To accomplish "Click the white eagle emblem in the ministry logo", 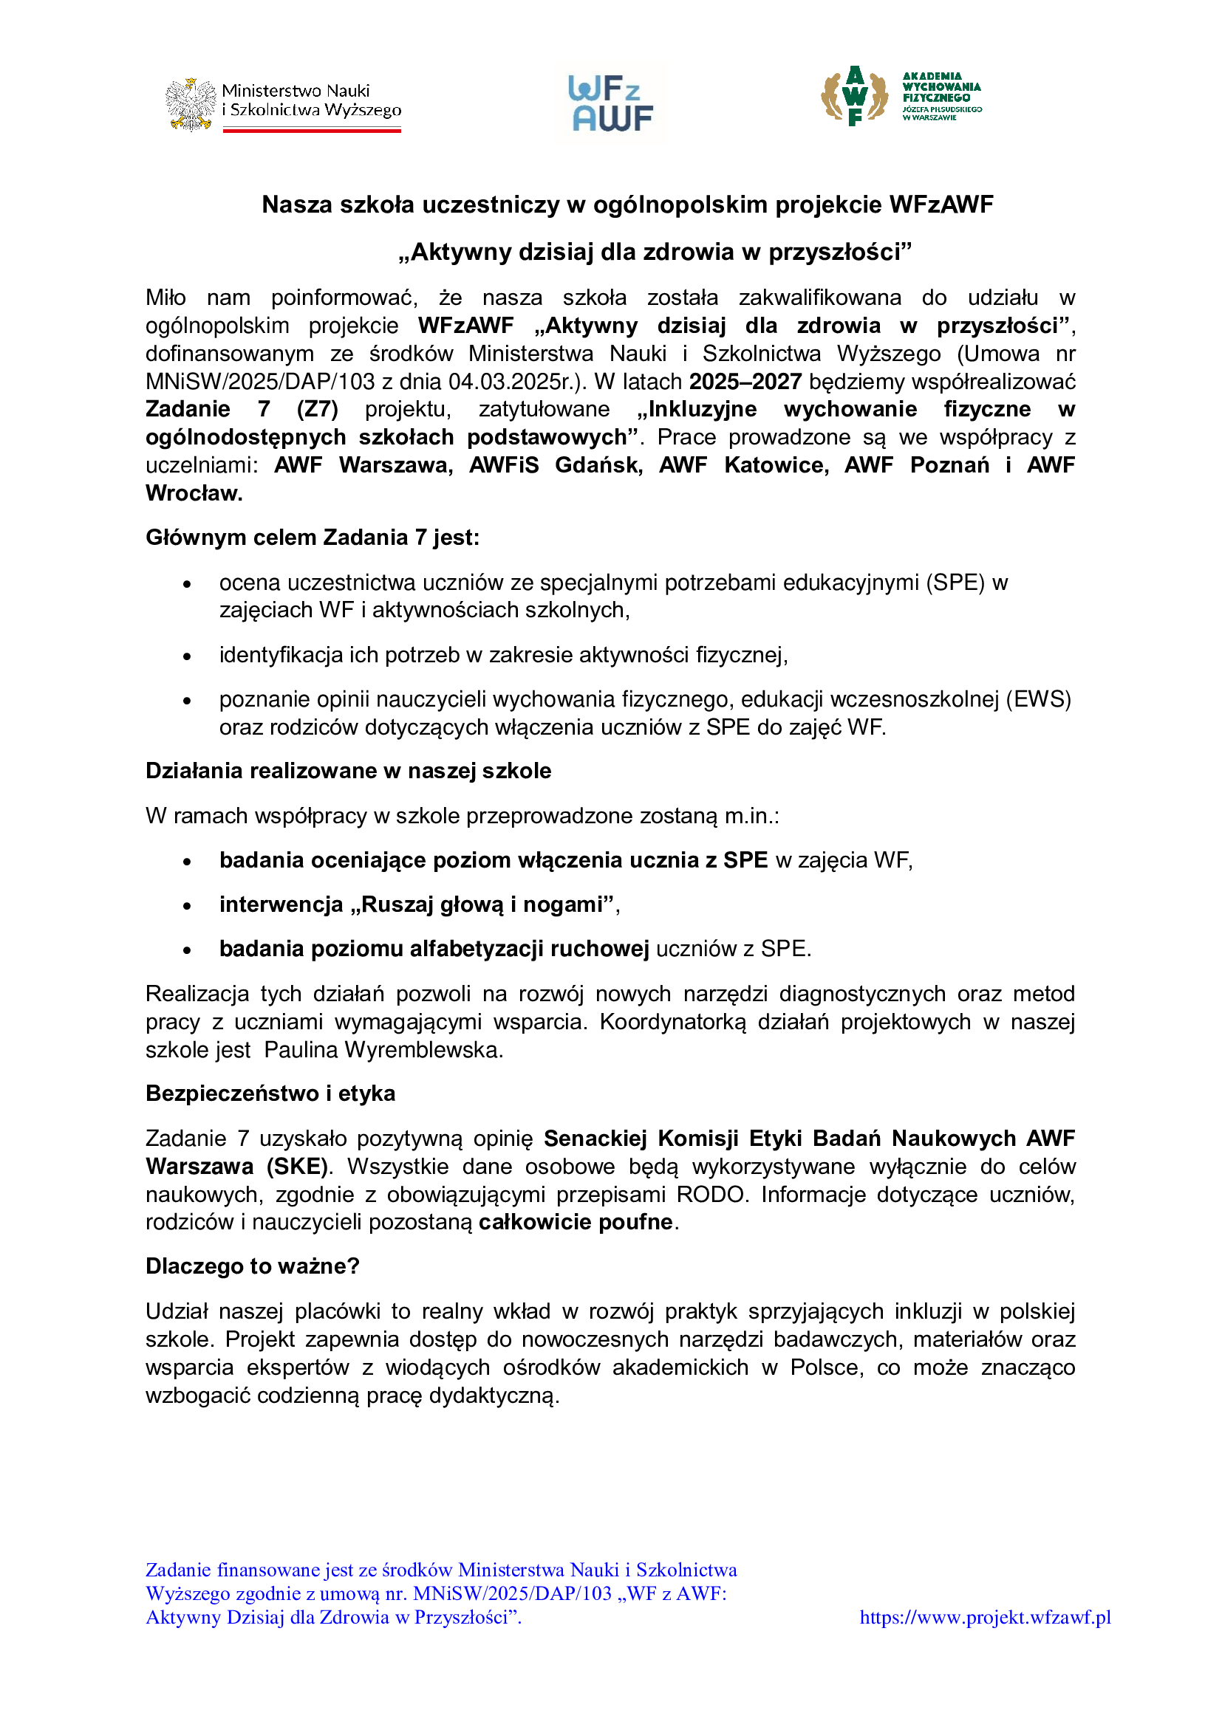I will pyautogui.click(x=191, y=105).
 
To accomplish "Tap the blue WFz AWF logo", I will pyautogui.click(x=611, y=104).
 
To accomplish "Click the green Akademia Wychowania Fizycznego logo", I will pyautogui.click(x=901, y=96).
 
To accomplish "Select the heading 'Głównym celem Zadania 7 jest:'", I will pyautogui.click(x=313, y=538).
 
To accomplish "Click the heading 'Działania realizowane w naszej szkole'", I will pyautogui.click(x=348, y=771).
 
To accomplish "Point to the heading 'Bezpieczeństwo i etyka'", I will pyautogui.click(x=270, y=1093).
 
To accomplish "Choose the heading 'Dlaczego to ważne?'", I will pyautogui.click(x=252, y=1267).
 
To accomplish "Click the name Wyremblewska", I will pyautogui.click(x=423, y=1050).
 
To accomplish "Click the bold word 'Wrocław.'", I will pyautogui.click(x=194, y=493).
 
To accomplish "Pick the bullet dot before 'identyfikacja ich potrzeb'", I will pyautogui.click(x=188, y=656).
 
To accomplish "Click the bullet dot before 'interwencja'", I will pyautogui.click(x=188, y=906).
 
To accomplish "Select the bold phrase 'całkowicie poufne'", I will pyautogui.click(x=576, y=1222).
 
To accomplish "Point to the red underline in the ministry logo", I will pyautogui.click(x=312, y=130).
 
